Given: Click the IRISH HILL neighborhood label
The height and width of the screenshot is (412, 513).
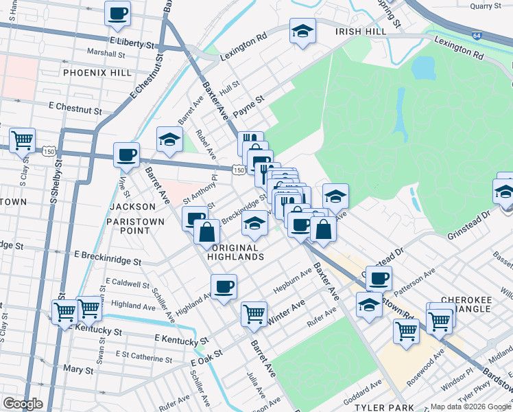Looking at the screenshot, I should [357, 32].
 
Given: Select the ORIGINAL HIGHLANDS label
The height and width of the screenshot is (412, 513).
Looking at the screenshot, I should [238, 252].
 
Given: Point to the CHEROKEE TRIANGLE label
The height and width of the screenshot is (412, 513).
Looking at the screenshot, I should [476, 304].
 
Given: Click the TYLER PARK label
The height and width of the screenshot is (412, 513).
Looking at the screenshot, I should [381, 407].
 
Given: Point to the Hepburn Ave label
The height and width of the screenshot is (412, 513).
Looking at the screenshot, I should [293, 279].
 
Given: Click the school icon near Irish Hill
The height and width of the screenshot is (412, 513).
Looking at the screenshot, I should [302, 32].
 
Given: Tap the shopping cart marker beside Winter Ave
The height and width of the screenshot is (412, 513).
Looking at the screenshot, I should [254, 313].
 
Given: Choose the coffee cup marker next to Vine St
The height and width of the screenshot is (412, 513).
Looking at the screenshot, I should [126, 154].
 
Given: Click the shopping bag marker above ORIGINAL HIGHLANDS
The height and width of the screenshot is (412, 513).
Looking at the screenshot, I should [206, 231].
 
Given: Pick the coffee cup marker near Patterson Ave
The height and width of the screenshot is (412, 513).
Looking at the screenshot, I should [378, 278].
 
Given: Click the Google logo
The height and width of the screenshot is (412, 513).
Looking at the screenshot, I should [23, 404].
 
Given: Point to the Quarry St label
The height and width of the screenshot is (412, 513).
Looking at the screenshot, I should [488, 6].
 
